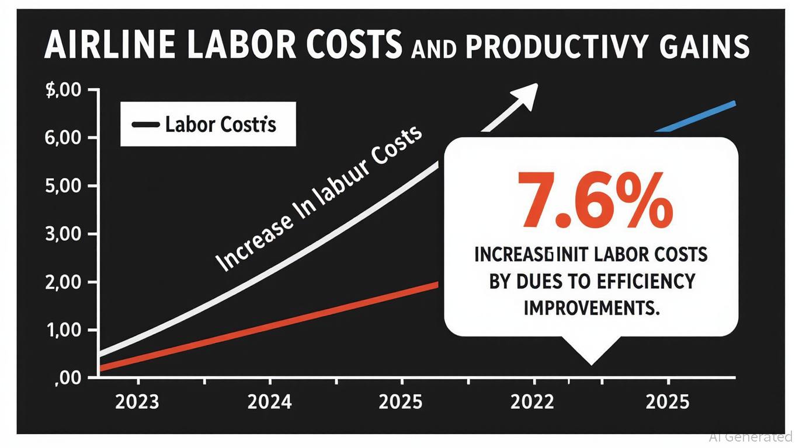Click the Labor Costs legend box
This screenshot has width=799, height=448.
208,124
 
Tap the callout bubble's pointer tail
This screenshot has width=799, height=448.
591,353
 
